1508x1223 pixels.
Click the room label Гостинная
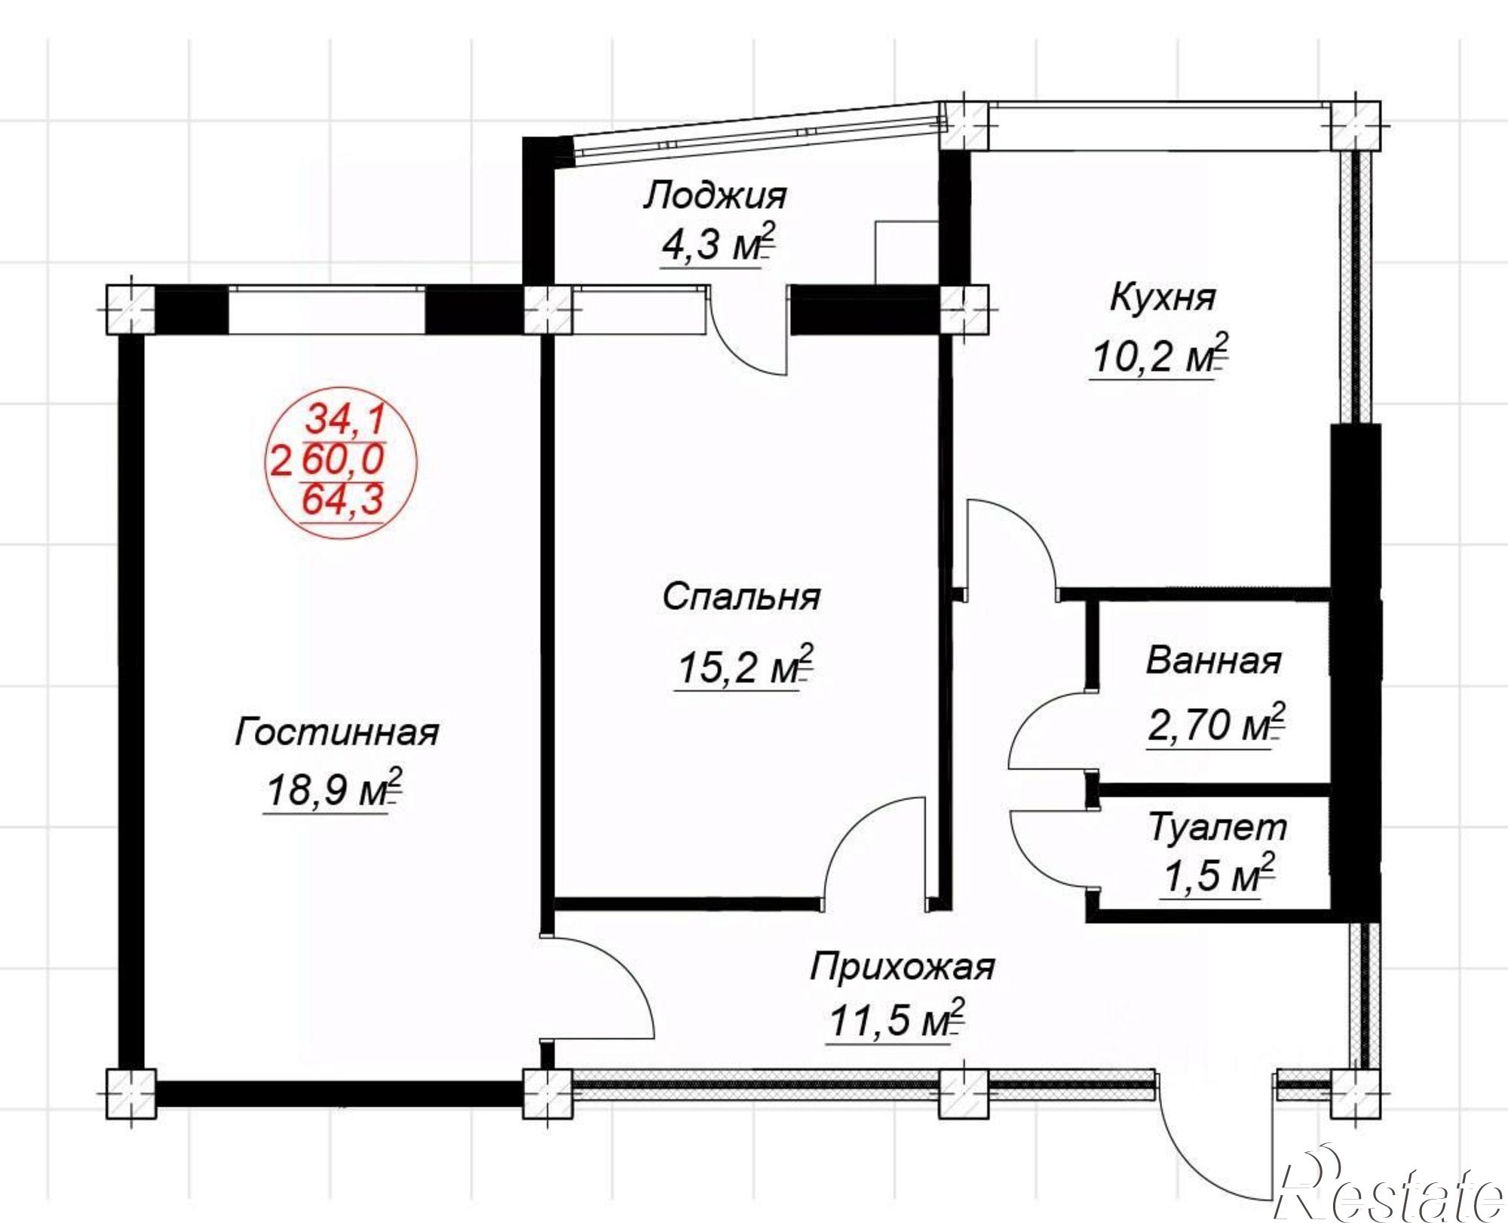336,732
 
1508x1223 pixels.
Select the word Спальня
741,599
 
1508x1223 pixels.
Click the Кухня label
1162,298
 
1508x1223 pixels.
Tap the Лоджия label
715,196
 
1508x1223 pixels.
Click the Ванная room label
1213,661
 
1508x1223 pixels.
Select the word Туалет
1218,827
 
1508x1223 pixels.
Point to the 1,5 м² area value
1218,875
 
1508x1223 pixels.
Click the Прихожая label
903,967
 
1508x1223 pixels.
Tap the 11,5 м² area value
897,1019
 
